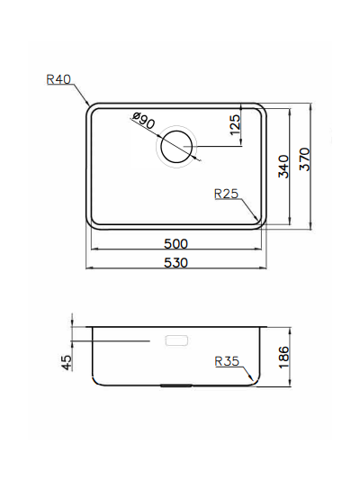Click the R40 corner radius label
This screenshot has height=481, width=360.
click(x=58, y=79)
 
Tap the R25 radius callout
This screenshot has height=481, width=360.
click(x=226, y=193)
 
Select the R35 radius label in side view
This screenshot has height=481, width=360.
click(x=226, y=362)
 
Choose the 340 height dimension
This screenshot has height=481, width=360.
click(x=283, y=167)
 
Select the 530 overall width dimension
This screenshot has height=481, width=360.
click(x=175, y=262)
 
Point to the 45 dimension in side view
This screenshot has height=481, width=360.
click(x=66, y=362)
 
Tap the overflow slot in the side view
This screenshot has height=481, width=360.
click(x=176, y=341)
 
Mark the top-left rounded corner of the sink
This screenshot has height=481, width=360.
click(x=91, y=108)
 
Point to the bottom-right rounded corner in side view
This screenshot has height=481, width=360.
click(x=256, y=379)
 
